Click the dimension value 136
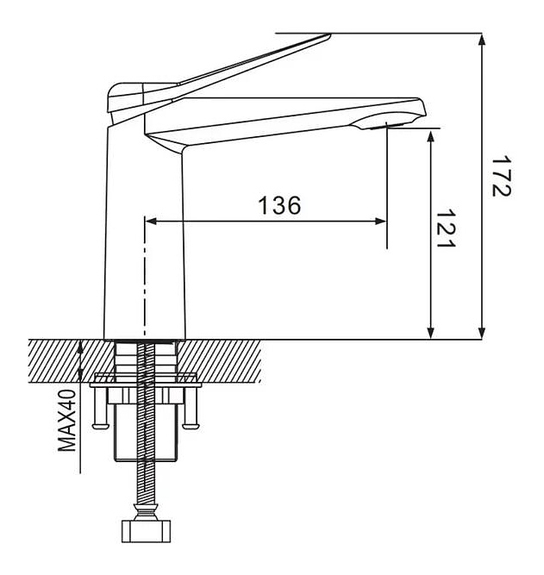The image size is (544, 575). tap(279, 205)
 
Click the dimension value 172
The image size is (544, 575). tap(501, 177)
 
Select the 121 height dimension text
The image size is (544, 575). tap(446, 228)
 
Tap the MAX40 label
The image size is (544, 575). tap(66, 420)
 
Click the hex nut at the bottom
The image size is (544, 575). tap(146, 531)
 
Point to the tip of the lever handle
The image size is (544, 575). tap(330, 35)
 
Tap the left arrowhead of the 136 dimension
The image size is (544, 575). tap(151, 222)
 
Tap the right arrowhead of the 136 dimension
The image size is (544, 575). tap(380, 222)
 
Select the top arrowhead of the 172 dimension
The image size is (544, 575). tap(483, 40)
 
